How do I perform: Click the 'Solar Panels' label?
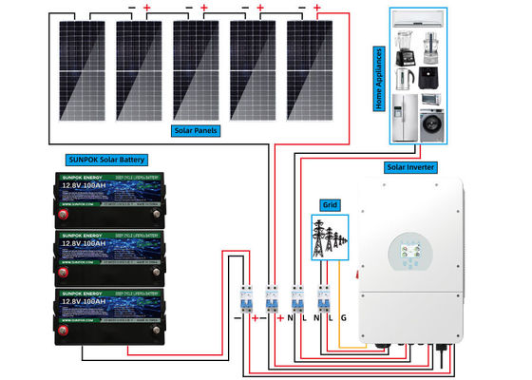[199, 130]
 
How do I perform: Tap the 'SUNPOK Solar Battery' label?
[105, 160]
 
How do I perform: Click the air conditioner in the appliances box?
[427, 18]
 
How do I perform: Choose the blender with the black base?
[402, 47]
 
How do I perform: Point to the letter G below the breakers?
[344, 315]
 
